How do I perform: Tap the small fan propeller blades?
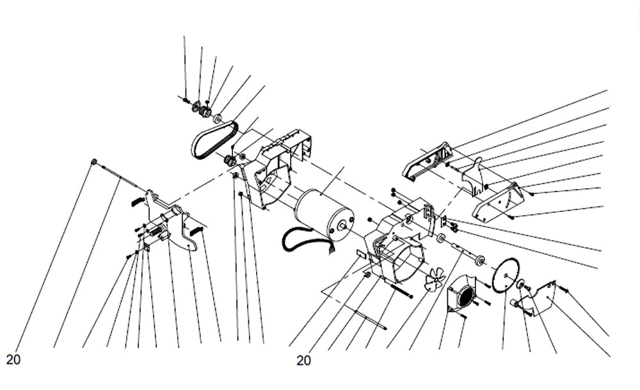pyautogui.click(x=435, y=279)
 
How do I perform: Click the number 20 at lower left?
pyautogui.click(x=13, y=359)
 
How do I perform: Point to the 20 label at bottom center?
pyautogui.click(x=303, y=361)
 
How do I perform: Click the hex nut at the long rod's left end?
pyautogui.click(x=94, y=162)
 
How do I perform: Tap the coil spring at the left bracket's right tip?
pyautogui.click(x=198, y=229)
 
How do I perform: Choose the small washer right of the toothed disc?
pyautogui.click(x=522, y=285)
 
